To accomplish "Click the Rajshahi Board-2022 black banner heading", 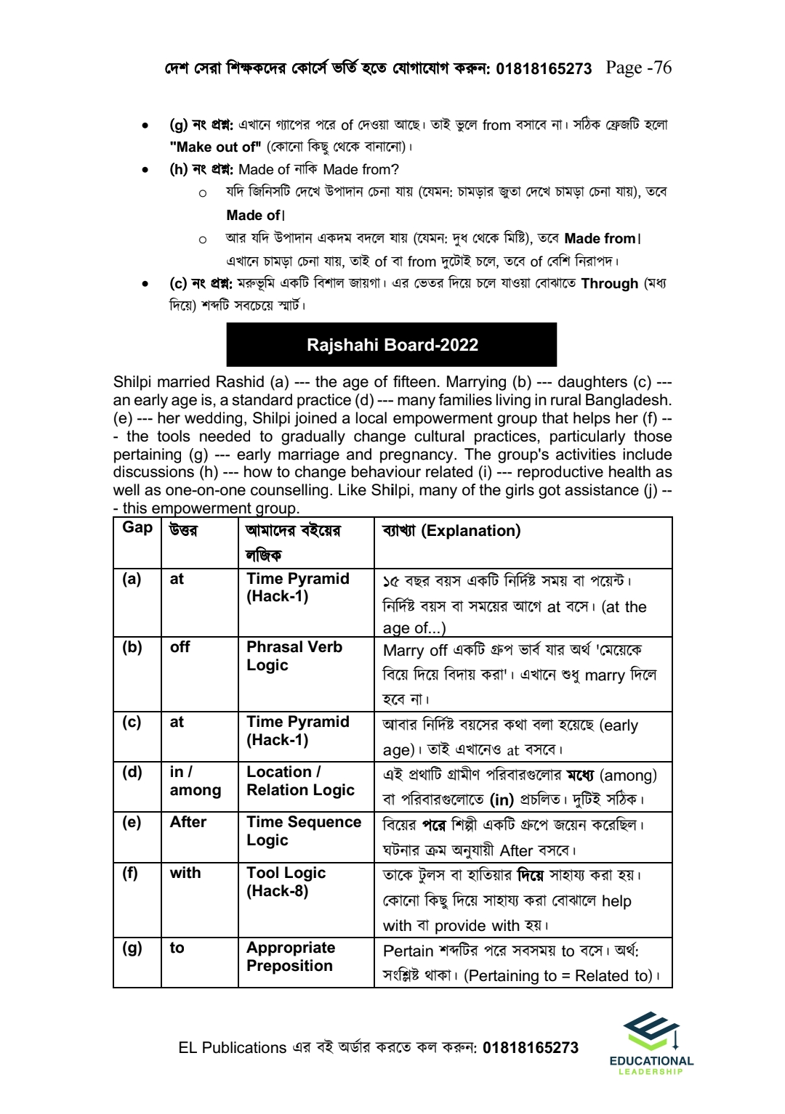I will click(x=392, y=345).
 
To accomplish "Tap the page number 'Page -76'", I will click(x=638, y=68).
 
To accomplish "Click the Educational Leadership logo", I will click(x=651, y=1043).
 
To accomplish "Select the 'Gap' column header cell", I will click(x=137, y=528).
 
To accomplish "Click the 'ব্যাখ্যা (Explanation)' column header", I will click(x=451, y=531).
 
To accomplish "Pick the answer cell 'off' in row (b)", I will click(x=180, y=647).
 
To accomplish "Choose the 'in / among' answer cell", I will click(x=195, y=781).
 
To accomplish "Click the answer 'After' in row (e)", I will click(x=188, y=822).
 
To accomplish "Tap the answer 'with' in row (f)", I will click(x=185, y=873).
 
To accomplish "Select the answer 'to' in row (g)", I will click(x=177, y=948).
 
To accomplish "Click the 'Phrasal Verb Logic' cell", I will click(x=294, y=656).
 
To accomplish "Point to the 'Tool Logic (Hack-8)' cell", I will click(x=286, y=882).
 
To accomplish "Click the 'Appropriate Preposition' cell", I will click(x=291, y=956).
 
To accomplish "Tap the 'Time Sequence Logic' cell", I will click(x=303, y=831).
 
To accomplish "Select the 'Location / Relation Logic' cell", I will click(x=300, y=781).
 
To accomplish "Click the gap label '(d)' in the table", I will click(x=132, y=772).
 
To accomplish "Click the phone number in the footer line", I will click(x=530, y=1047).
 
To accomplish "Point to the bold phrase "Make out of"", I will click(x=215, y=147).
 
